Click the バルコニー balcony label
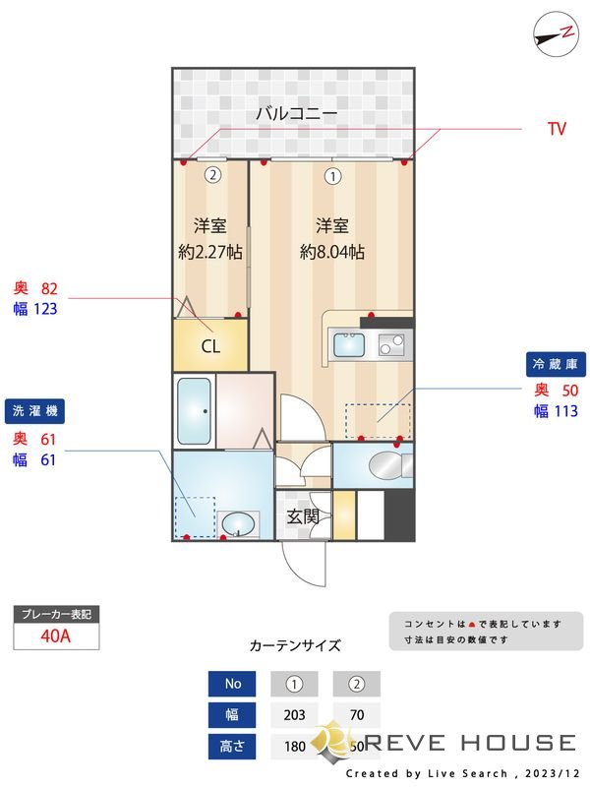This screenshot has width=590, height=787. coord(296,114)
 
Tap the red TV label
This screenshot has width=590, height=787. coord(557,129)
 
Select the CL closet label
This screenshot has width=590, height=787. coord(209,346)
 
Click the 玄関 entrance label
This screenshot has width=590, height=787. coord(302,515)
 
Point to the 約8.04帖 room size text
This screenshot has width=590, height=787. coord(332,252)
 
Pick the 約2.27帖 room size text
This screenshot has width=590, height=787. coord(210,252)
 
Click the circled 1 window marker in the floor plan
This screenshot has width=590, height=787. coord(332,177)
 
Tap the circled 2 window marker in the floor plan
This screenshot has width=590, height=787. coord(210,176)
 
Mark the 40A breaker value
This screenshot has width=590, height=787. coord(56,636)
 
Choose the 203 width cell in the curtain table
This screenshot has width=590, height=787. coord(294,715)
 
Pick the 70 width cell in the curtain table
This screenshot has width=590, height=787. coord(356,715)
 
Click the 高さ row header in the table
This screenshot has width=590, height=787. coord(233,746)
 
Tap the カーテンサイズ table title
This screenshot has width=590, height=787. coord(295,646)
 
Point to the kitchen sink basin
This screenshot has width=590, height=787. coord(348,345)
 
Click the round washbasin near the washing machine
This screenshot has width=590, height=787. coord(237,524)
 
